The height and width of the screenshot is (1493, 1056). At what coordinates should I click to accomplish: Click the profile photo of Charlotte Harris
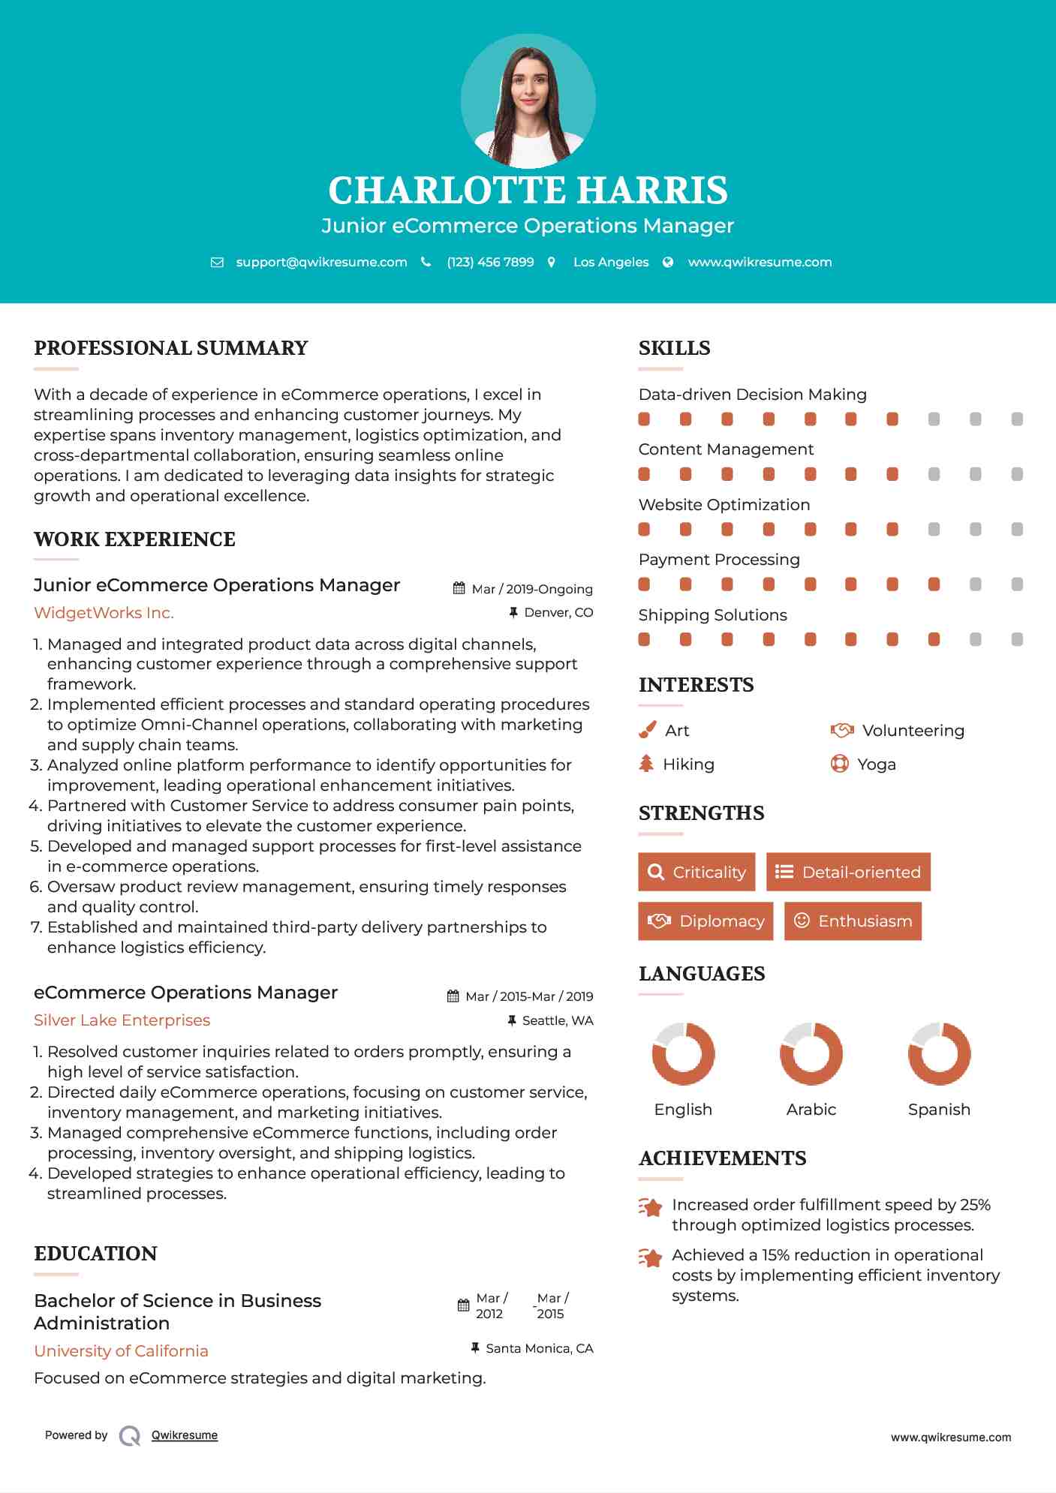(x=528, y=101)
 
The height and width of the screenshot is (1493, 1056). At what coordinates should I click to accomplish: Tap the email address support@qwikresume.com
(x=321, y=262)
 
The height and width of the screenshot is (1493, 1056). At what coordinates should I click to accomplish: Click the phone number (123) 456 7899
(x=490, y=262)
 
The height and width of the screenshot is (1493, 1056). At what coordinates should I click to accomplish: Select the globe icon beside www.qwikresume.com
(x=668, y=262)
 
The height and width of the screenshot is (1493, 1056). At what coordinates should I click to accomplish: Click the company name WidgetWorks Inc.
(x=104, y=613)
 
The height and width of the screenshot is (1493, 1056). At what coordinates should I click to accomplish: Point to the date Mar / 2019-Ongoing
(x=531, y=589)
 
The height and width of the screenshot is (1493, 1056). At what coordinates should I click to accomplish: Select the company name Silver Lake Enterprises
(x=122, y=1020)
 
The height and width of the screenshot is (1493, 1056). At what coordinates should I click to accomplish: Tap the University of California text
(x=121, y=1350)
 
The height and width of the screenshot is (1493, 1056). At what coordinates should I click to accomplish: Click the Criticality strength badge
(x=696, y=872)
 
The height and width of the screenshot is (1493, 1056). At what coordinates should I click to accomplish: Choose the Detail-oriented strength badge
(x=848, y=872)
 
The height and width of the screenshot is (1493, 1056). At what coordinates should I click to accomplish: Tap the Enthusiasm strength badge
(x=853, y=921)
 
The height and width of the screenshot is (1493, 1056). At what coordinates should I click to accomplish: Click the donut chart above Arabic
(x=811, y=1053)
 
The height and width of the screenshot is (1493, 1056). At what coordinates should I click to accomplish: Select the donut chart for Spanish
(x=939, y=1053)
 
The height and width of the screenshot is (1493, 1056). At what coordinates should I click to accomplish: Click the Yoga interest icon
(x=839, y=764)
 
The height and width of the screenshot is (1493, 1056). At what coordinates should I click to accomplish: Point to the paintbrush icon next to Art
(x=647, y=730)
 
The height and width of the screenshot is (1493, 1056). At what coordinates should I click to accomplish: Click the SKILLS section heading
(x=674, y=348)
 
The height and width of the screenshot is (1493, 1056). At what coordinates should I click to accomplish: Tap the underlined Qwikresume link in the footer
(x=185, y=1435)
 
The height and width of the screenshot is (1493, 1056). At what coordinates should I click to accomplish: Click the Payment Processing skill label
(x=719, y=560)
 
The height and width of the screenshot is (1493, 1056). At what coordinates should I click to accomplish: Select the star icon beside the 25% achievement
(x=650, y=1207)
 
